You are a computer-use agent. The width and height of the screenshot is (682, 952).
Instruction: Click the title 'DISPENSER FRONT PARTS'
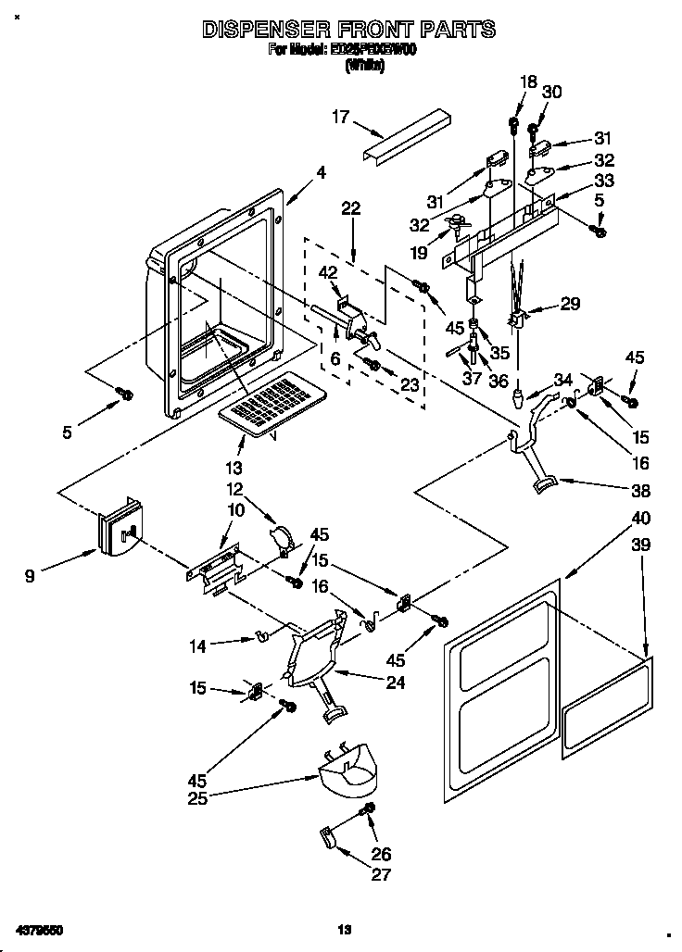[348, 31]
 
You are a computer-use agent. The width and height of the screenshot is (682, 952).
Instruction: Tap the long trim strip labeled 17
[407, 137]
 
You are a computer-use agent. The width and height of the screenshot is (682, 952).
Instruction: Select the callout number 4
[321, 171]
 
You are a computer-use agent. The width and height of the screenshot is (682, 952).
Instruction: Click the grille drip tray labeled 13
[270, 403]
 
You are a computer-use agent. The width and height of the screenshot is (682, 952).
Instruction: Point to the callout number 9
[31, 576]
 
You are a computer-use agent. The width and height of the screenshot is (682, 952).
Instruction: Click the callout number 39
[640, 547]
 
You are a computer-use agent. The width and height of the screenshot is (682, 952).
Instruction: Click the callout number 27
[382, 873]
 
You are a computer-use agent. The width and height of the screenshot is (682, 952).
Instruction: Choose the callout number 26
[382, 854]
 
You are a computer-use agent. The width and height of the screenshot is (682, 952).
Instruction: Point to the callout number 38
[639, 491]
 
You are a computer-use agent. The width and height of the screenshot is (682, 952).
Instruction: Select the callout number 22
[350, 208]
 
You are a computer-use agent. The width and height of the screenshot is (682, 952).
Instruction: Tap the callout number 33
[604, 180]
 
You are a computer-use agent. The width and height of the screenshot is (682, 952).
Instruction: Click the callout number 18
[527, 81]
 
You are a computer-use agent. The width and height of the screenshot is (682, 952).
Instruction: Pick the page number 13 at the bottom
[344, 929]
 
